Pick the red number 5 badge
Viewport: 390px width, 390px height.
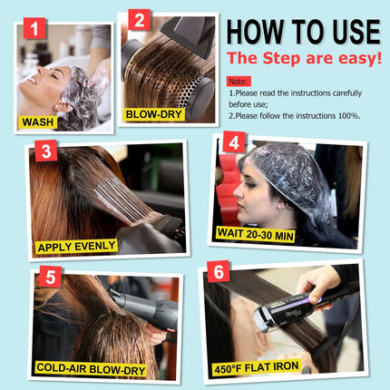51,277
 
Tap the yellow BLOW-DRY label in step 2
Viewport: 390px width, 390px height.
155,114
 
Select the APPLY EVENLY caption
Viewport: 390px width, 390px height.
76,246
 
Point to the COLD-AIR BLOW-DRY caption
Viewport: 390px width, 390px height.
92,367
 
